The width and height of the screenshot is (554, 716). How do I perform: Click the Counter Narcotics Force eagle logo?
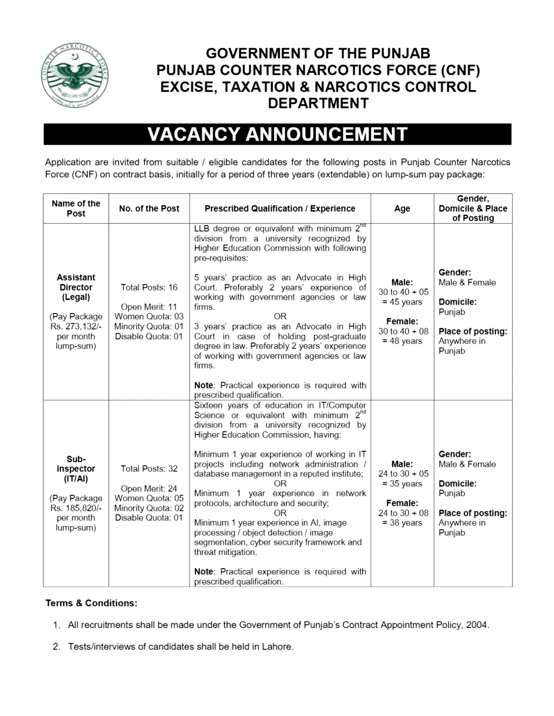tap(75, 75)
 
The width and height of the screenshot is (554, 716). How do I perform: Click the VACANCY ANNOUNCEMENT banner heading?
tap(277, 134)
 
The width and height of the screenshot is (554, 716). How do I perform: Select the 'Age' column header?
tap(402, 209)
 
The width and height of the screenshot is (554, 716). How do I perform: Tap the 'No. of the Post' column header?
tap(149, 209)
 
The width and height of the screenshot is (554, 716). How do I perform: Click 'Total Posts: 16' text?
tap(149, 288)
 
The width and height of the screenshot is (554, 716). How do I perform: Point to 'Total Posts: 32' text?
tap(149, 469)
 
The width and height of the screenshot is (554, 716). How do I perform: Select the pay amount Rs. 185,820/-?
tap(76, 508)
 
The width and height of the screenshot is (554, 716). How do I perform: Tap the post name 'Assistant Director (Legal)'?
tap(76, 287)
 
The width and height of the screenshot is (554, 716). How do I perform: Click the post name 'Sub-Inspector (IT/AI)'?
tap(76, 469)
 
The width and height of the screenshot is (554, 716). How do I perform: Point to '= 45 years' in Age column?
tap(402, 302)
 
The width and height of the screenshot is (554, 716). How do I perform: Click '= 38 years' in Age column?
tap(402, 523)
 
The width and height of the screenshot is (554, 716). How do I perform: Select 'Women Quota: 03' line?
tap(149, 317)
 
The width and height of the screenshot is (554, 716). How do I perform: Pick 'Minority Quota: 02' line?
tap(149, 508)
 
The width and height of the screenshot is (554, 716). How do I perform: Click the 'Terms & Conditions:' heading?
tap(91, 603)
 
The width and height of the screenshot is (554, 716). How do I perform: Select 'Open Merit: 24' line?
tap(149, 489)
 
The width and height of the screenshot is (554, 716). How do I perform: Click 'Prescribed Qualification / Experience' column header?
tap(280, 209)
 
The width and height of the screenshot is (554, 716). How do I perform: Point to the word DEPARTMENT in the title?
tap(318, 103)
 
